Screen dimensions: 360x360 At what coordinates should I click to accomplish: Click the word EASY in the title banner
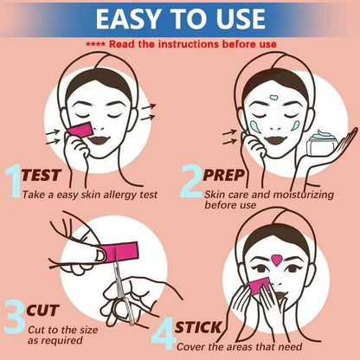click(127, 19)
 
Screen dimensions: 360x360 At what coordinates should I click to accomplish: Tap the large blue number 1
click(14, 181)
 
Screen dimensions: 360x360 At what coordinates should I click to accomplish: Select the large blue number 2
click(191, 181)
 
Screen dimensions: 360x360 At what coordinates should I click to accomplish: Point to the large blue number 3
click(15, 317)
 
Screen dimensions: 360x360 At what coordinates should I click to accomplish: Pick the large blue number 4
click(164, 333)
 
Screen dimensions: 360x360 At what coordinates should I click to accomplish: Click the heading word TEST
click(42, 175)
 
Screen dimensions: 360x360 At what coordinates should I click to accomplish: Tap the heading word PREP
click(223, 175)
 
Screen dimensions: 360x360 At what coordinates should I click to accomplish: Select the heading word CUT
click(42, 311)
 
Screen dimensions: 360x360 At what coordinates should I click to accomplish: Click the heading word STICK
click(197, 327)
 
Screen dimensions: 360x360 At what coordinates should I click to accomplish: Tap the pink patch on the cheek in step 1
click(81, 130)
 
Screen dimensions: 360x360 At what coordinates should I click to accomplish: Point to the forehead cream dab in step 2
click(273, 97)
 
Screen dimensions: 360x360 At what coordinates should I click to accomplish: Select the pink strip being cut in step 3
click(121, 252)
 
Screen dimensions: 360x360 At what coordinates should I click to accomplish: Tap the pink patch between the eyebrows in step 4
click(277, 260)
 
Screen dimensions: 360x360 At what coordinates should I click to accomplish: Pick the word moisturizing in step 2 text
click(303, 195)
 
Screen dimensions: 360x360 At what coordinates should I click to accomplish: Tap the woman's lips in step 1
click(98, 140)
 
